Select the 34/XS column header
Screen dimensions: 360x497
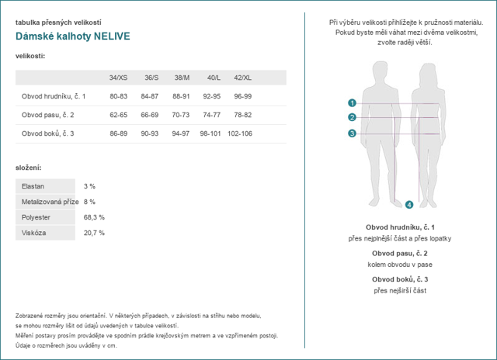(119, 78)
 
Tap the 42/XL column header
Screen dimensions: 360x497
(242, 78)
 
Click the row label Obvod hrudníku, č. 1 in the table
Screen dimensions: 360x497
(54, 96)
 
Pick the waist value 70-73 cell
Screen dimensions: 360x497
(180, 115)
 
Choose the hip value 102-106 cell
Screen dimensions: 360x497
(240, 133)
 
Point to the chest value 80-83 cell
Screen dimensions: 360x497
(119, 96)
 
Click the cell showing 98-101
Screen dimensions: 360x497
(210, 133)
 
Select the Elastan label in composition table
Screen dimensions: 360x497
(33, 186)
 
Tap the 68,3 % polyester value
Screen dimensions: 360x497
(94, 217)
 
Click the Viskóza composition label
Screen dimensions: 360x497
(35, 233)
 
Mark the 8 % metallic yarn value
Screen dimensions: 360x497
(89, 202)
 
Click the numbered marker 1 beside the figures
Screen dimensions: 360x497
(352, 102)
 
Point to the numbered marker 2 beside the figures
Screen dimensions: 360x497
(352, 117)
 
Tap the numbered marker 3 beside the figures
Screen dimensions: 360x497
(352, 133)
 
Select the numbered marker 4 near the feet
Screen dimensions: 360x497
(409, 205)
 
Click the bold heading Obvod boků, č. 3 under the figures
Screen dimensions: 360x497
(400, 279)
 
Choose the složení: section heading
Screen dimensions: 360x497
(29, 168)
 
